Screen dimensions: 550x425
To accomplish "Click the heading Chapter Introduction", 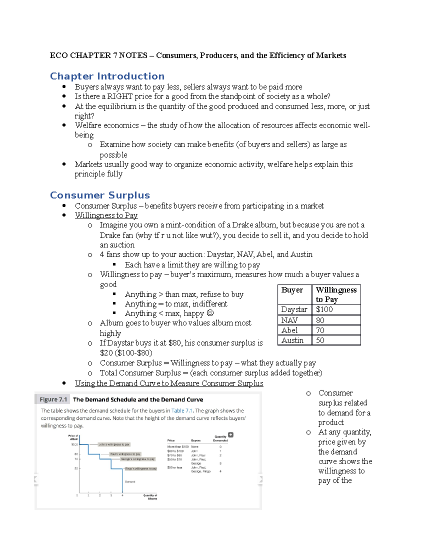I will coord(107,76).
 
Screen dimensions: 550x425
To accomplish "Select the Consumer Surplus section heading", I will coord(100,195).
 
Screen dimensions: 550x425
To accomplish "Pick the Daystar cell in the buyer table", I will coord(294,310).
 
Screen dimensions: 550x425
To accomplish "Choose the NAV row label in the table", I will coord(289,320).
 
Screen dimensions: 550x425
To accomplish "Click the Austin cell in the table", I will coord(292,340).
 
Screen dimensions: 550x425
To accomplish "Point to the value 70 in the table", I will coord(320,330).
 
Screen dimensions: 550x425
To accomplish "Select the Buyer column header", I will coord(292,290).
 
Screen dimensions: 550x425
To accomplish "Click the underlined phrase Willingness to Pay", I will coord(106,215).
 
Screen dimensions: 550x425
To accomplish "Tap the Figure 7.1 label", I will coord(53,399).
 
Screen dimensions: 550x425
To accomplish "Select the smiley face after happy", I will coord(210,313).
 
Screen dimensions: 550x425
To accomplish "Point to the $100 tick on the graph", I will coord(75,444).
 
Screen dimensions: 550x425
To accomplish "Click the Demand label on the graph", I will coord(130,482).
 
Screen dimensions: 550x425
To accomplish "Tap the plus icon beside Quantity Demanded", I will coord(231,435).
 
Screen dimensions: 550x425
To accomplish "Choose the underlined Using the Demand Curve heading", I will coord(169,383).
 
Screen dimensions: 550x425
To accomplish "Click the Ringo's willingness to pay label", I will coord(141,469).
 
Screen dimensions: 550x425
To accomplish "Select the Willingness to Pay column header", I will coord(336,294).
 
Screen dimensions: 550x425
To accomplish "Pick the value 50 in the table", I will coord(320,340).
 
